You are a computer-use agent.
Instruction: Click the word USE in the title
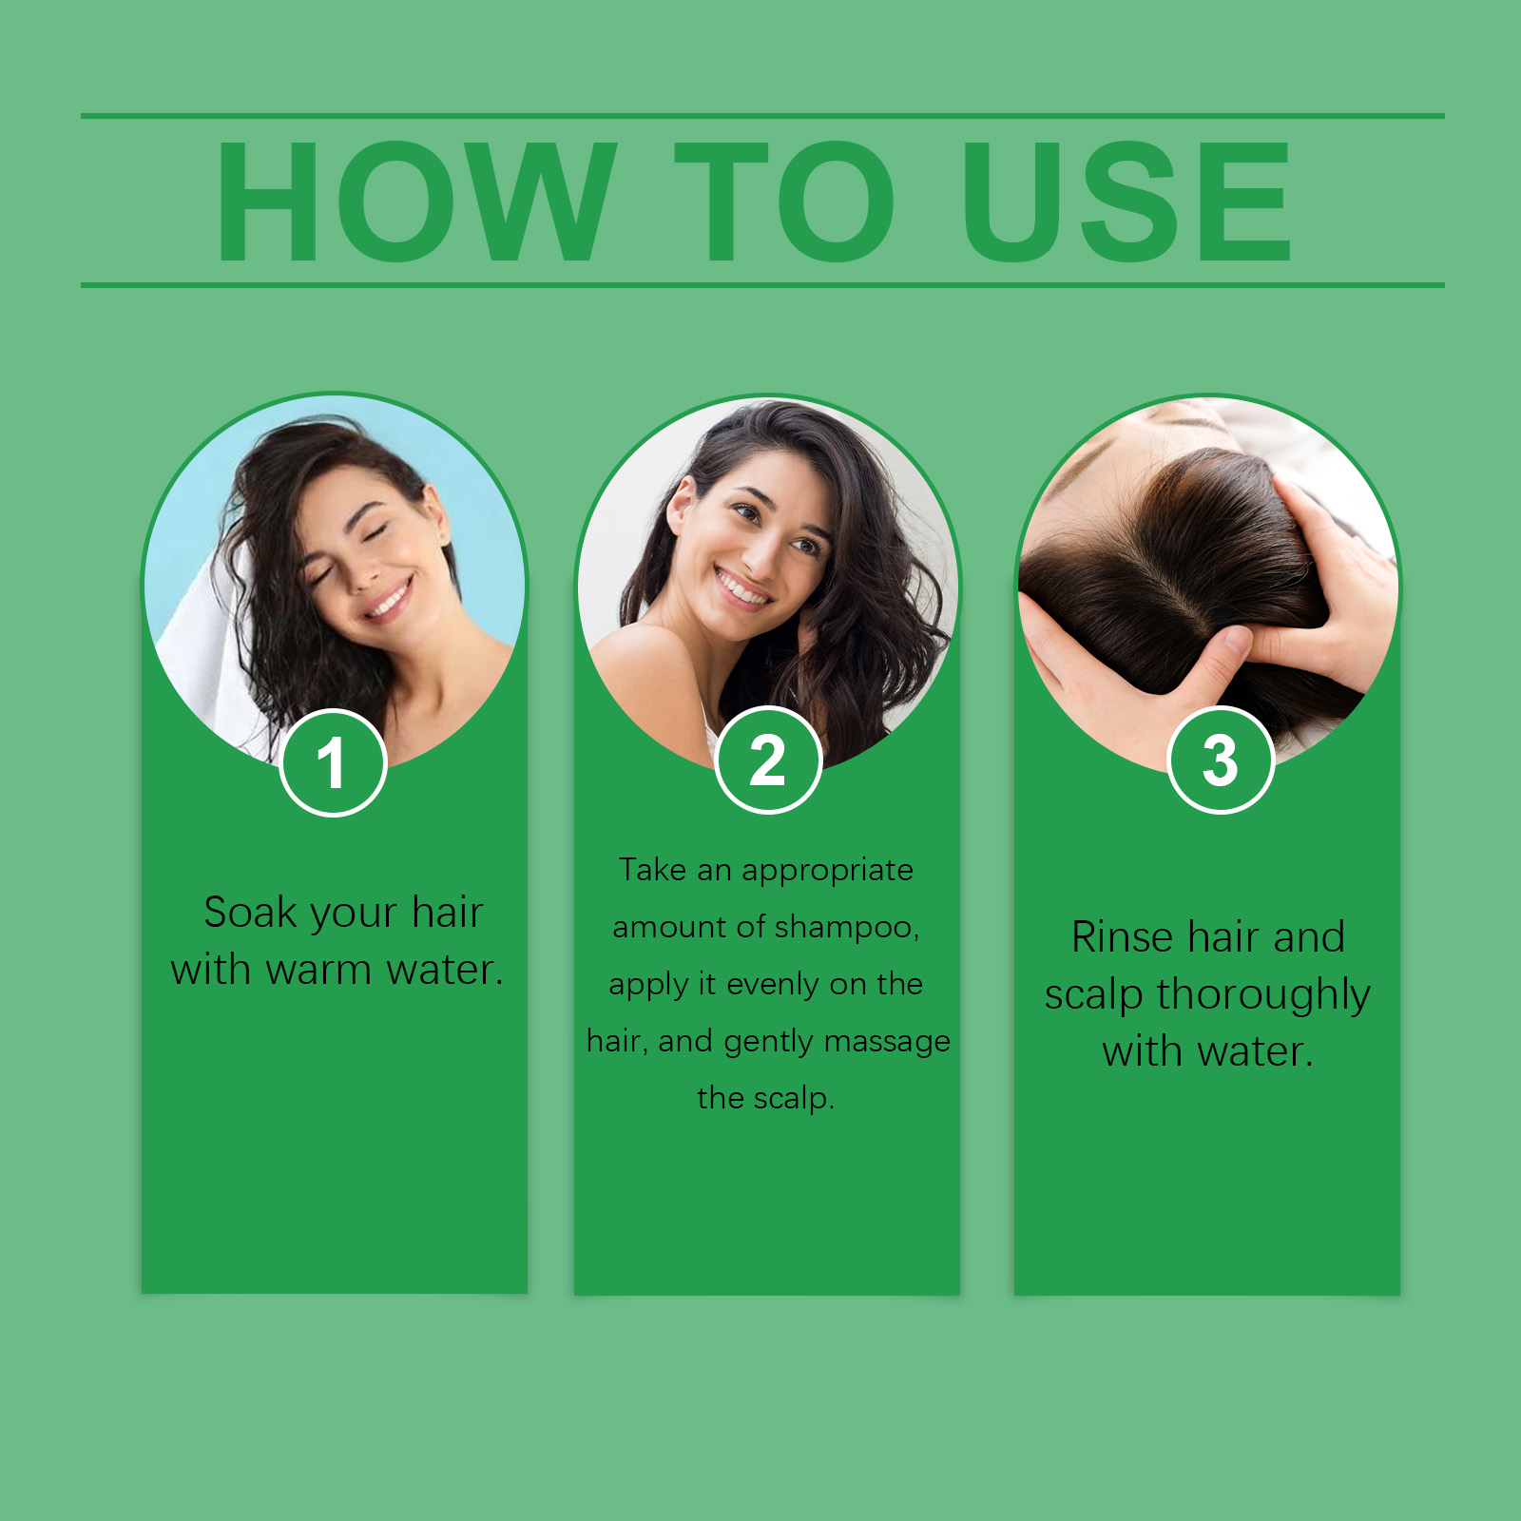tap(1126, 202)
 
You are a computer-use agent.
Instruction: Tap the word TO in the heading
tap(784, 202)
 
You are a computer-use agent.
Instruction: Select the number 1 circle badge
tap(333, 762)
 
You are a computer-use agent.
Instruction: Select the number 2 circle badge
tap(767, 760)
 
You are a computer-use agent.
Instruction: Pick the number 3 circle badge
tap(1220, 760)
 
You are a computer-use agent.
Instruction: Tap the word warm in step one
tap(318, 971)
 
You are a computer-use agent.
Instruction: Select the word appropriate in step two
tap(827, 871)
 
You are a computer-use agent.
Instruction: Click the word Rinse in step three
tap(1122, 937)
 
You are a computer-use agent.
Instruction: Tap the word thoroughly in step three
tap(1262, 996)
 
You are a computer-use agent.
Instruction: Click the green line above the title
tap(760, 116)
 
